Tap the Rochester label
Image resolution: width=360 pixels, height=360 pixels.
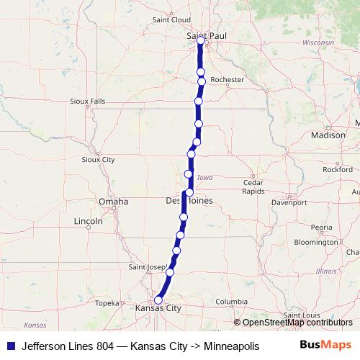point(228,79)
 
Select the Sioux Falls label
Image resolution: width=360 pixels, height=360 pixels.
point(88,102)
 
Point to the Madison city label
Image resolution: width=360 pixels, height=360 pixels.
point(328,135)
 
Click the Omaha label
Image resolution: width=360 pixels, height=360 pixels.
point(114,202)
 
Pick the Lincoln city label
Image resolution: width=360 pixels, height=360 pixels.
point(89,221)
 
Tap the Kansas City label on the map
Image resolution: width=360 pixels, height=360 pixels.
point(157,307)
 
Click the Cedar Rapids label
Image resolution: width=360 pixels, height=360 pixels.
point(253,186)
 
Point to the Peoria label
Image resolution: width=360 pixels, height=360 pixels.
point(321,227)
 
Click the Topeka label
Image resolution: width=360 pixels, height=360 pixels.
point(106,303)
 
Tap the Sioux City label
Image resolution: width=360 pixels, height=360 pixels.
point(99,159)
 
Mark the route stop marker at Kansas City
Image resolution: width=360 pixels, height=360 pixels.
point(158,301)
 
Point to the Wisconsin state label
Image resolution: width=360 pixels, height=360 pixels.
point(318,43)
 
